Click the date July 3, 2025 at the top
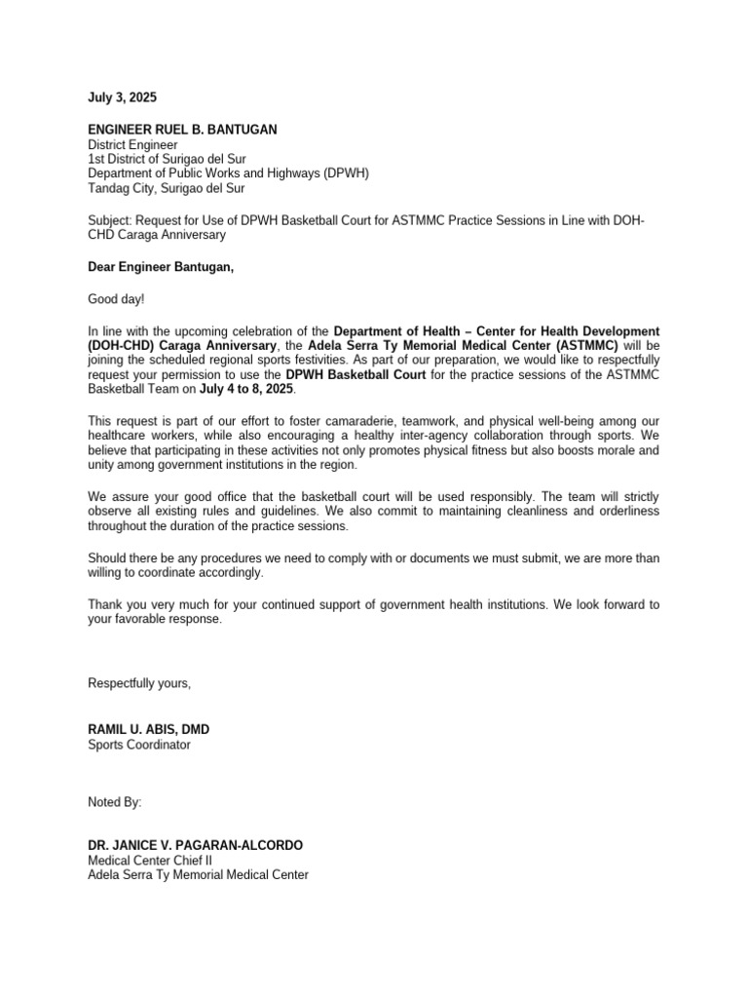(122, 98)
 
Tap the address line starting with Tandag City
(167, 188)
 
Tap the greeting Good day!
(116, 299)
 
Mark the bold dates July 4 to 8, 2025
(246, 390)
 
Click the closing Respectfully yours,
(139, 683)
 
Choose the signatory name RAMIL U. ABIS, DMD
(148, 730)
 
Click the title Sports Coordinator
(139, 746)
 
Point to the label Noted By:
(115, 802)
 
